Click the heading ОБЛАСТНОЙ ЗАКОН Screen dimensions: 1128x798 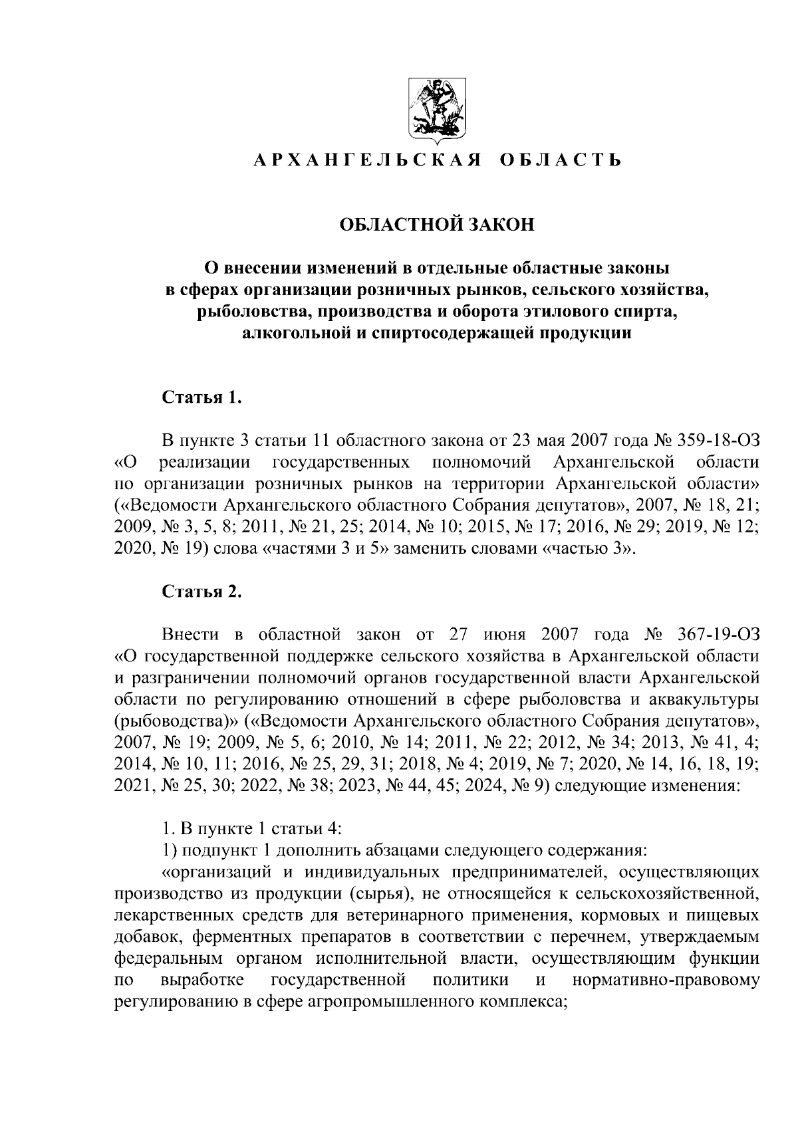pyautogui.click(x=437, y=225)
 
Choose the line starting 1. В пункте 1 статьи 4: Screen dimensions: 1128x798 pyautogui.click(x=252, y=828)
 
